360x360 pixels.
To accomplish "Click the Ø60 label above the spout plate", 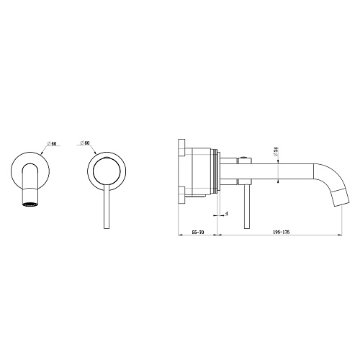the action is click(x=52, y=143).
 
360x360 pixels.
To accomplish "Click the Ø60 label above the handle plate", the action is click(x=85, y=143).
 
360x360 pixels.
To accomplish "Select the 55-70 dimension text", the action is click(x=198, y=232).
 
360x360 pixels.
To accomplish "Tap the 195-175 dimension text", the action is click(x=282, y=232).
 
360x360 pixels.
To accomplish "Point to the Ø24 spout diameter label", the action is click(x=276, y=152).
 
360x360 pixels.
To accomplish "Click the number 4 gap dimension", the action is click(x=226, y=213).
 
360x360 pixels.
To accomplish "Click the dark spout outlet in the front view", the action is click(x=30, y=204).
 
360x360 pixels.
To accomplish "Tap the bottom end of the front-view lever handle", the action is click(x=107, y=228).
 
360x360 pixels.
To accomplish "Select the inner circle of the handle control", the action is click(x=107, y=171).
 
